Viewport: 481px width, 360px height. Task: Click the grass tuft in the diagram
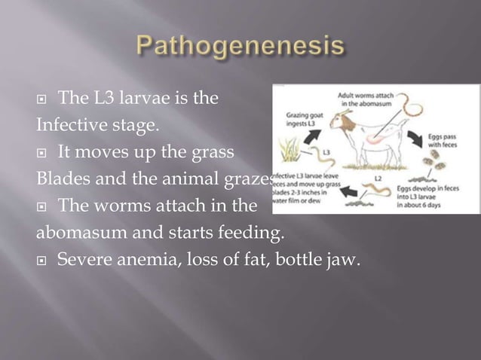290,157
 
